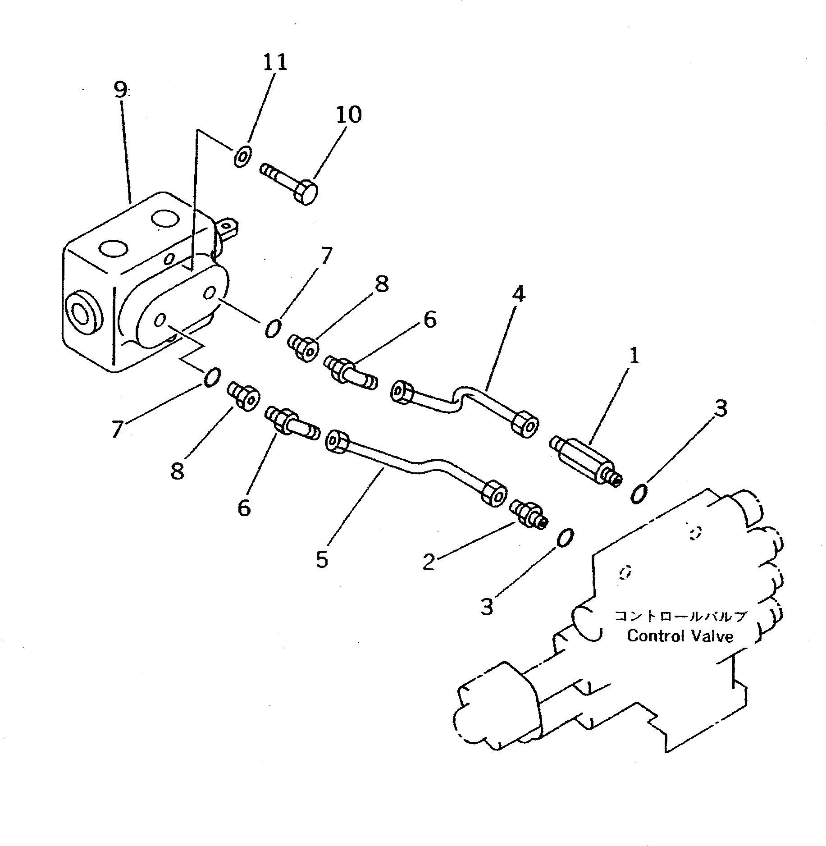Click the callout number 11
click(x=275, y=62)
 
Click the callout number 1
click(x=634, y=357)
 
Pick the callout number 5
click(x=322, y=559)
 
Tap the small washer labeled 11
click(x=242, y=157)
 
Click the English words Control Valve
click(x=680, y=636)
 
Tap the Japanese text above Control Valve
click(x=680, y=616)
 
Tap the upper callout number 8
click(x=381, y=284)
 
